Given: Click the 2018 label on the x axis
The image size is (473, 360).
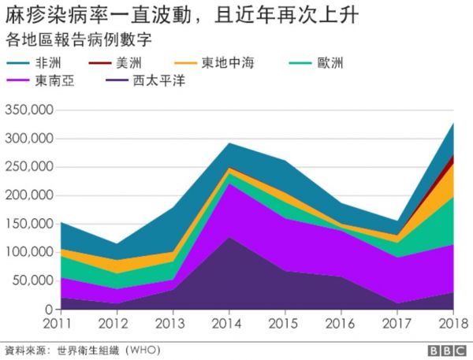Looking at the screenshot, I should (x=452, y=325).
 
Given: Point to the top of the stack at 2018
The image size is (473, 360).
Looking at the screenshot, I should (x=453, y=124).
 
